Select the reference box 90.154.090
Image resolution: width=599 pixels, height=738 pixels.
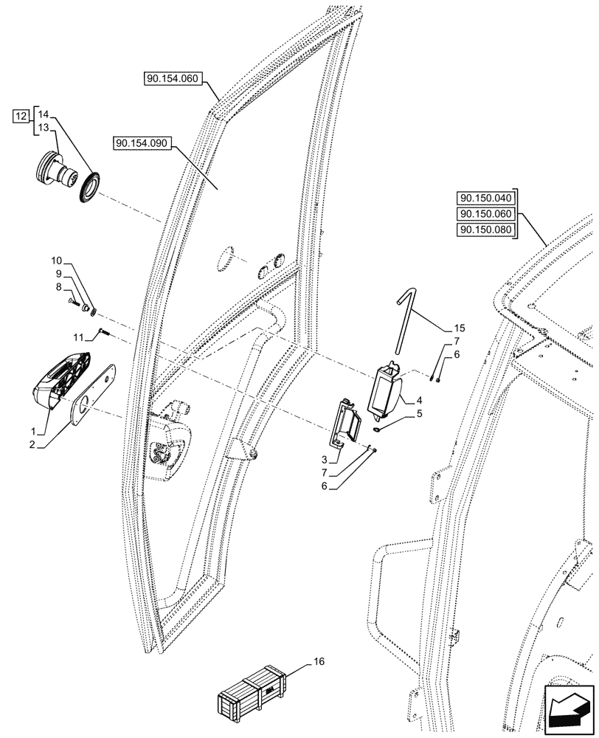pos(142,144)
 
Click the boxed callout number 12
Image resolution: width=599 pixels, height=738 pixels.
pos(22,115)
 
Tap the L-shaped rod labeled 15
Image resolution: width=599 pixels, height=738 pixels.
pos(403,322)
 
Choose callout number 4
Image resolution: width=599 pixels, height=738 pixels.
pos(418,400)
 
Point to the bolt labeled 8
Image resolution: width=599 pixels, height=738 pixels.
pos(75,303)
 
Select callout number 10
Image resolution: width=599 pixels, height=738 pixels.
pos(58,261)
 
